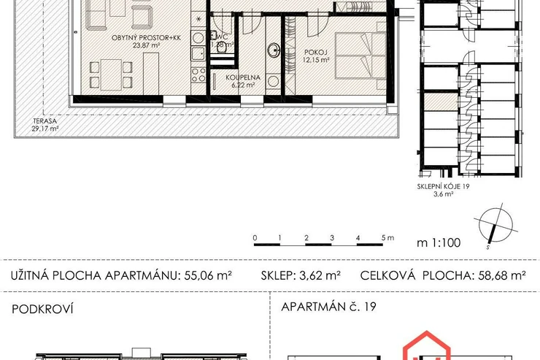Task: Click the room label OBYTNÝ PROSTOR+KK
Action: [x=146, y=38]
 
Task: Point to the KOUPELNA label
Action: [x=243, y=77]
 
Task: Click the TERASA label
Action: [x=45, y=121]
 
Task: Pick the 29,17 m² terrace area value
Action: [x=45, y=129]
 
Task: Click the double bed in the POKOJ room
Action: [x=360, y=55]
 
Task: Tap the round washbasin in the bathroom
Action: [x=274, y=50]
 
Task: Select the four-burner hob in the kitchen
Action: [x=198, y=74]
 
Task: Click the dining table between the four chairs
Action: [x=111, y=74]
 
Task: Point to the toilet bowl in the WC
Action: [x=221, y=47]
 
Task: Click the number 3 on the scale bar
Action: [x=332, y=238]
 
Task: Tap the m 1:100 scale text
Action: [x=439, y=242]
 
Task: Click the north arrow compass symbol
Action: [x=495, y=226]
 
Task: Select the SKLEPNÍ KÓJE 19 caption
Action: [x=443, y=186]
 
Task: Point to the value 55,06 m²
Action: [x=208, y=275]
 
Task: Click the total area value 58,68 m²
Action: [x=502, y=275]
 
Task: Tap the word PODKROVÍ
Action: [x=42, y=309]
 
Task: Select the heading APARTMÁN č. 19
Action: [x=328, y=306]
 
